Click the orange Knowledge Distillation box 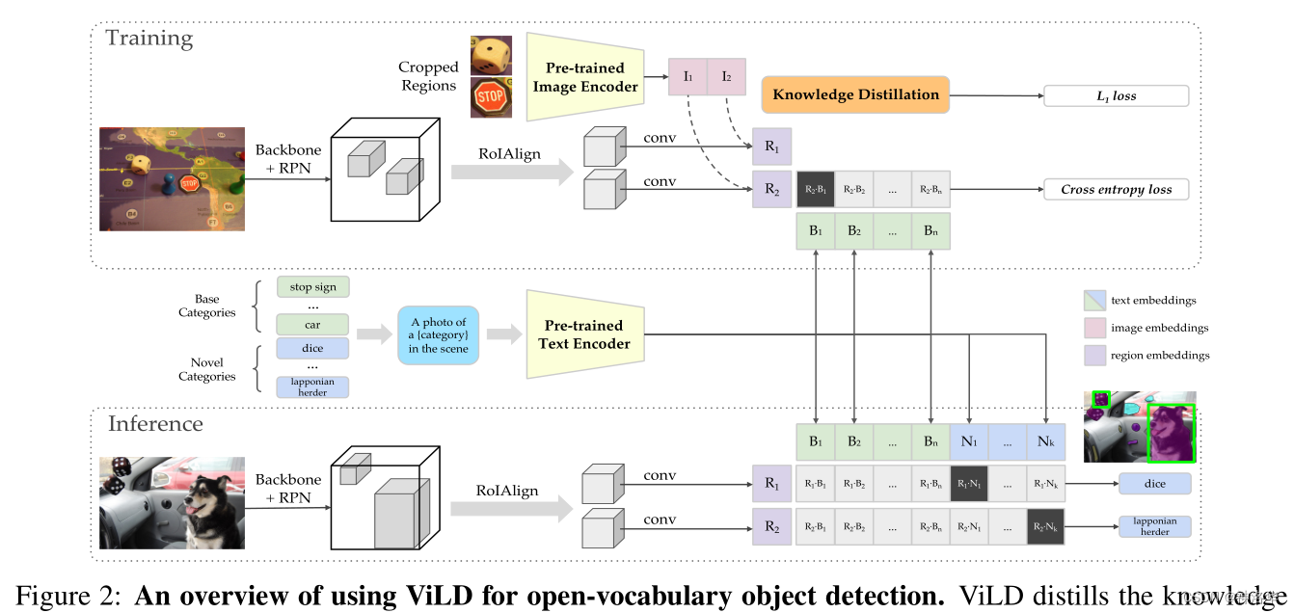point(855,95)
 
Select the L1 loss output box point(1116,96)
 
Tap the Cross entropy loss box point(1116,189)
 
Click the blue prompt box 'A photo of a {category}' point(438,335)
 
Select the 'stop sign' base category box point(312,286)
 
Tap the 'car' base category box point(312,324)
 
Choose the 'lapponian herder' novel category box point(312,386)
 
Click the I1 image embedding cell point(687,76)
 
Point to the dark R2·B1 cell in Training point(816,190)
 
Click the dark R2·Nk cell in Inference point(1046,527)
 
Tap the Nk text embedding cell point(1046,441)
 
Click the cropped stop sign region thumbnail point(490,98)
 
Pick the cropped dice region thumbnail point(490,56)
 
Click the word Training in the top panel point(148,39)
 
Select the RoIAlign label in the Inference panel point(507,491)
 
